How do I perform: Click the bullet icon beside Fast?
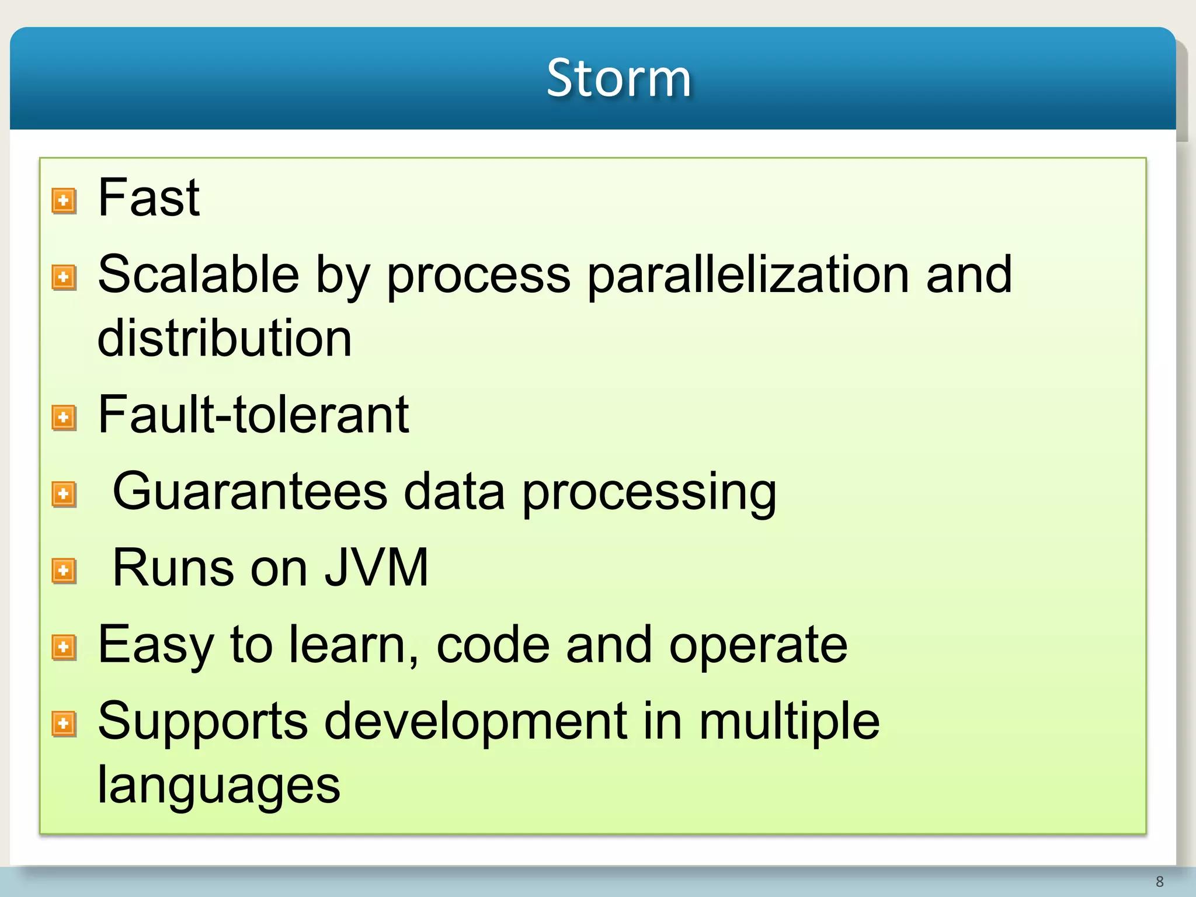point(64,201)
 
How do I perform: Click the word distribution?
point(224,339)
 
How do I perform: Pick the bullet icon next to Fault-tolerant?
point(64,418)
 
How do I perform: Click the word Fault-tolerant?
point(253,415)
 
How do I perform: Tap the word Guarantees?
point(250,492)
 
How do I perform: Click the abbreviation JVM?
point(377,568)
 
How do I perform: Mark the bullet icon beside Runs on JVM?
point(64,571)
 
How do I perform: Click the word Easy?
point(155,645)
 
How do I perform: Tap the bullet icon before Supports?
point(64,724)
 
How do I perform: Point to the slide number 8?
point(1159,882)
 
